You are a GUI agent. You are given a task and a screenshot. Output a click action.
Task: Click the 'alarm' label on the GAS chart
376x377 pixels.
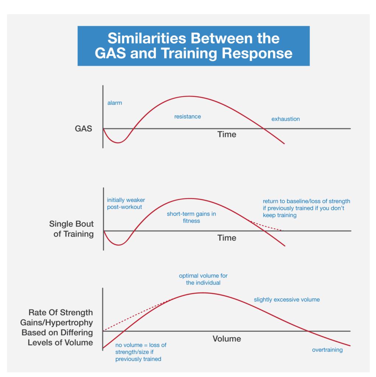coord(115,103)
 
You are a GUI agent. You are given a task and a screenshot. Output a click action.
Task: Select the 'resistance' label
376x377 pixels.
coord(187,117)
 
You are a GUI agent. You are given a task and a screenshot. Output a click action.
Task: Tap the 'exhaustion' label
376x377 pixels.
coord(285,119)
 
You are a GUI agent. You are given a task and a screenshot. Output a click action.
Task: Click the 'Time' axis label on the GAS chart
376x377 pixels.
coord(226,134)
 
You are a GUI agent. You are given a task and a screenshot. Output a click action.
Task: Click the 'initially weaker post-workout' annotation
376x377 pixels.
coord(126,204)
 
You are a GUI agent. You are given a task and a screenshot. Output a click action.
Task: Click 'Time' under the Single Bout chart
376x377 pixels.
coord(226,238)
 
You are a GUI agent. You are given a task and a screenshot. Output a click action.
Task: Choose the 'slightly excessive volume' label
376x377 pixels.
coord(287,300)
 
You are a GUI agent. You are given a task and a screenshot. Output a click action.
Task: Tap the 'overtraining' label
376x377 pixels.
coord(327,350)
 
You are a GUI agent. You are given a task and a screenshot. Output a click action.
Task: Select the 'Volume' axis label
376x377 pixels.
coord(226,339)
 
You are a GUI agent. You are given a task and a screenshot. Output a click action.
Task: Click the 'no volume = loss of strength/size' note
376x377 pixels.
coord(141,352)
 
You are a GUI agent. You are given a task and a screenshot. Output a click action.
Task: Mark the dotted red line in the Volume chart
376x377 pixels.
coord(136,315)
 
